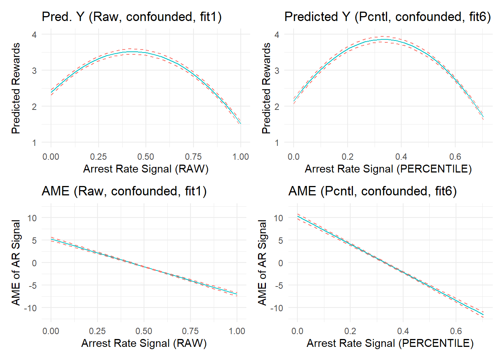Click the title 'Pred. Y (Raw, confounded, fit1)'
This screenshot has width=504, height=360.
click(132, 17)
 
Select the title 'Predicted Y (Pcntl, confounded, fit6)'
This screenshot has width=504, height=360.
click(387, 17)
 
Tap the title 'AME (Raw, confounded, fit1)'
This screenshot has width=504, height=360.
click(124, 191)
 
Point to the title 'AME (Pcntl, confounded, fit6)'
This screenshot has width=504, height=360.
click(372, 191)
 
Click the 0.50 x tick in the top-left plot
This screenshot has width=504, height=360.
click(145, 157)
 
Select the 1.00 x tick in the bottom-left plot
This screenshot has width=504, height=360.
click(237, 331)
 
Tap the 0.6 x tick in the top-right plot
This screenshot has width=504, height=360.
click(455, 157)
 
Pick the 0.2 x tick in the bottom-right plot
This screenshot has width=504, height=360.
click(350, 331)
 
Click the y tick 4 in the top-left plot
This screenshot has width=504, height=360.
click(34, 35)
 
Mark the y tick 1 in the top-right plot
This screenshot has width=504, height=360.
click(277, 143)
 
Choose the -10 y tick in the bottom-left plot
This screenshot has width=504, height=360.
click(30, 308)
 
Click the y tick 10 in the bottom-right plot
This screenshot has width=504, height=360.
click(278, 218)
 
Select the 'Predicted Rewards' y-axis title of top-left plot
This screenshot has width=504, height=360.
click(15, 88)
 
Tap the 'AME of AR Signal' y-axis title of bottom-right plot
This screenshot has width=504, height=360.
click(262, 262)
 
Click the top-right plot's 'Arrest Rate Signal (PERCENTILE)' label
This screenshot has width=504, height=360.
click(388, 169)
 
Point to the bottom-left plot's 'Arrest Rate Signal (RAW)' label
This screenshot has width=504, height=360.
click(144, 343)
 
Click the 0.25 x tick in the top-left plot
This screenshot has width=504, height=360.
click(98, 157)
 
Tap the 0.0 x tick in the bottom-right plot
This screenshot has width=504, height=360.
click(297, 331)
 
